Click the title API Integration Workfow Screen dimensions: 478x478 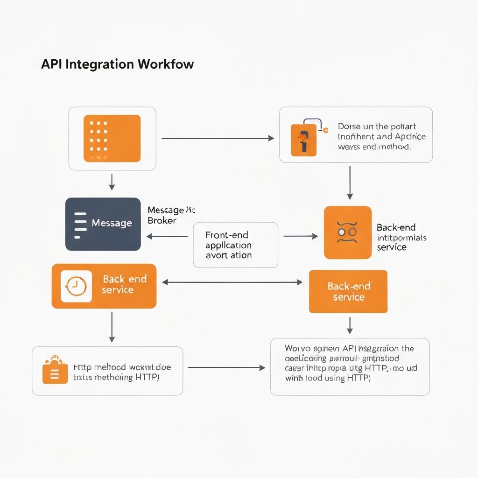(117, 64)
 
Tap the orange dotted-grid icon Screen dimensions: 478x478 (112, 138)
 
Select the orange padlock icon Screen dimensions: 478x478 (303, 139)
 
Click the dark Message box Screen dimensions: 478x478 (103, 224)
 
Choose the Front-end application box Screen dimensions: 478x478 (235, 245)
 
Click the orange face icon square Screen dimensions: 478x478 (348, 232)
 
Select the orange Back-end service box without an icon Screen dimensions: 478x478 (348, 291)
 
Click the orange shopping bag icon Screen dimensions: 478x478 (55, 372)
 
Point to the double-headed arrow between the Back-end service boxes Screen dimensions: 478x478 (232, 282)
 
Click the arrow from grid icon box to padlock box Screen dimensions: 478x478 (217, 138)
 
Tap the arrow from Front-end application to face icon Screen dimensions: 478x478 (300, 236)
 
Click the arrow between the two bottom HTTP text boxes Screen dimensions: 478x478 (226, 368)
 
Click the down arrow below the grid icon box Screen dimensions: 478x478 (112, 182)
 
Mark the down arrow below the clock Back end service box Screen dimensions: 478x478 (112, 327)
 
